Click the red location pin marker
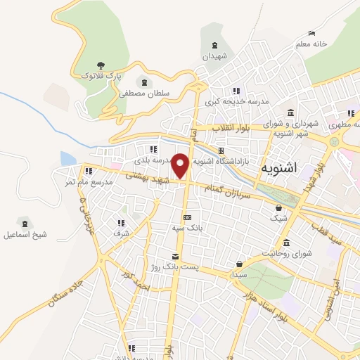pos(181,165)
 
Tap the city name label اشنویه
pos(279,169)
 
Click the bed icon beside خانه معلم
pos(312,33)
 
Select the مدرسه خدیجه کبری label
pos(237,102)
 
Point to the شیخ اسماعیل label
pos(26,234)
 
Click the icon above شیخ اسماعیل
pos(26,222)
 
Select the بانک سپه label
pos(187,228)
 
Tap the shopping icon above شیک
pos(279,207)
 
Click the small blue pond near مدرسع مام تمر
pos(67,159)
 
